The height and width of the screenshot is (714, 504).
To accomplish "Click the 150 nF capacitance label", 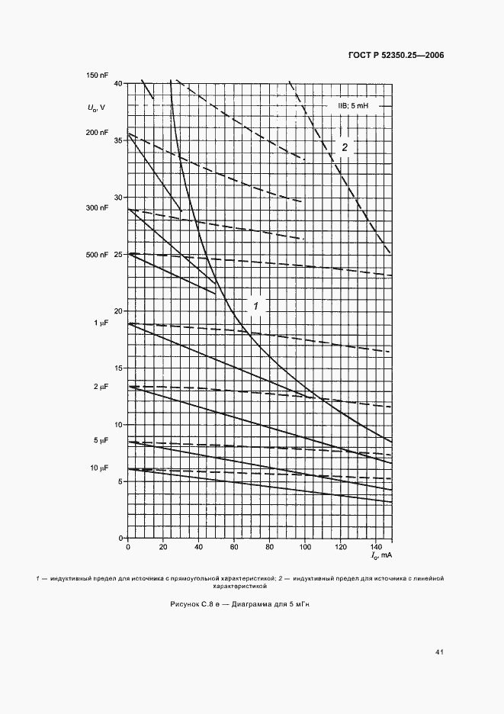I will tap(99, 75).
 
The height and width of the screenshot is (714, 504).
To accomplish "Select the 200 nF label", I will tap(99, 132).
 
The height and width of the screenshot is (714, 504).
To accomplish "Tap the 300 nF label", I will tap(99, 207).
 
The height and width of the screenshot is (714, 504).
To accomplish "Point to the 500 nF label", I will tap(99, 254).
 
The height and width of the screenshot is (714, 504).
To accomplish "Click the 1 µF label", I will tap(102, 323).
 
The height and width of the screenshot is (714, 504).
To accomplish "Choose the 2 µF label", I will tap(102, 388).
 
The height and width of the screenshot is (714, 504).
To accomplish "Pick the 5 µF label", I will tap(102, 441).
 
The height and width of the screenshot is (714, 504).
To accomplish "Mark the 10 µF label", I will tap(101, 468).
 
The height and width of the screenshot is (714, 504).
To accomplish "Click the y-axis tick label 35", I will tap(117, 140).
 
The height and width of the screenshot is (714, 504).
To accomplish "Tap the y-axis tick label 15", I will tap(117, 368).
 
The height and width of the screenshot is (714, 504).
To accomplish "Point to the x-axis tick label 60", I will tap(234, 548).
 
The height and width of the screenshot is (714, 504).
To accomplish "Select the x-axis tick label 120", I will tap(340, 548).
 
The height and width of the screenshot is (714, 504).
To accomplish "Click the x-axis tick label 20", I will tap(163, 548).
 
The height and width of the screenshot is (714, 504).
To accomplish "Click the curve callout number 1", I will tap(256, 305).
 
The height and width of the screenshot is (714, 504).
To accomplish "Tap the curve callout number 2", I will tap(345, 147).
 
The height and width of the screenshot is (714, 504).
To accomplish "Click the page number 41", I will tap(439, 652).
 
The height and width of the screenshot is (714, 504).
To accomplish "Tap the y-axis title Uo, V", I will tap(97, 107).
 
